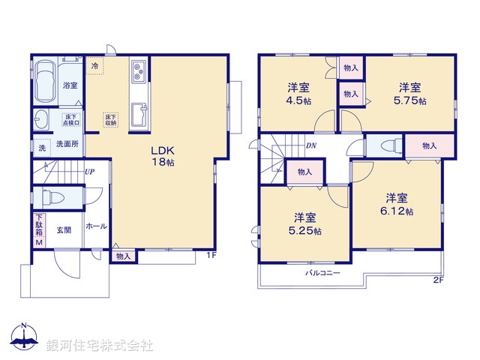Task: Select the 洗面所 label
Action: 67,144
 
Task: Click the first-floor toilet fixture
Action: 54,198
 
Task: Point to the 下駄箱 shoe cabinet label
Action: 39,229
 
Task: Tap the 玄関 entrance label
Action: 64,229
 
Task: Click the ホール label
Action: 95,226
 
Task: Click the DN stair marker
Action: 310,147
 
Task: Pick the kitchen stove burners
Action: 139,73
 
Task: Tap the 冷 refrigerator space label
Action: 95,66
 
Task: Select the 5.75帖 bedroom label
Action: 411,93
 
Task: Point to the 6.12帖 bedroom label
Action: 398,205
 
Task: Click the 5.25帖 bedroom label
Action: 307,224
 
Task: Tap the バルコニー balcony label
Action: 322,272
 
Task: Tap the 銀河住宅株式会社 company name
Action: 99,346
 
